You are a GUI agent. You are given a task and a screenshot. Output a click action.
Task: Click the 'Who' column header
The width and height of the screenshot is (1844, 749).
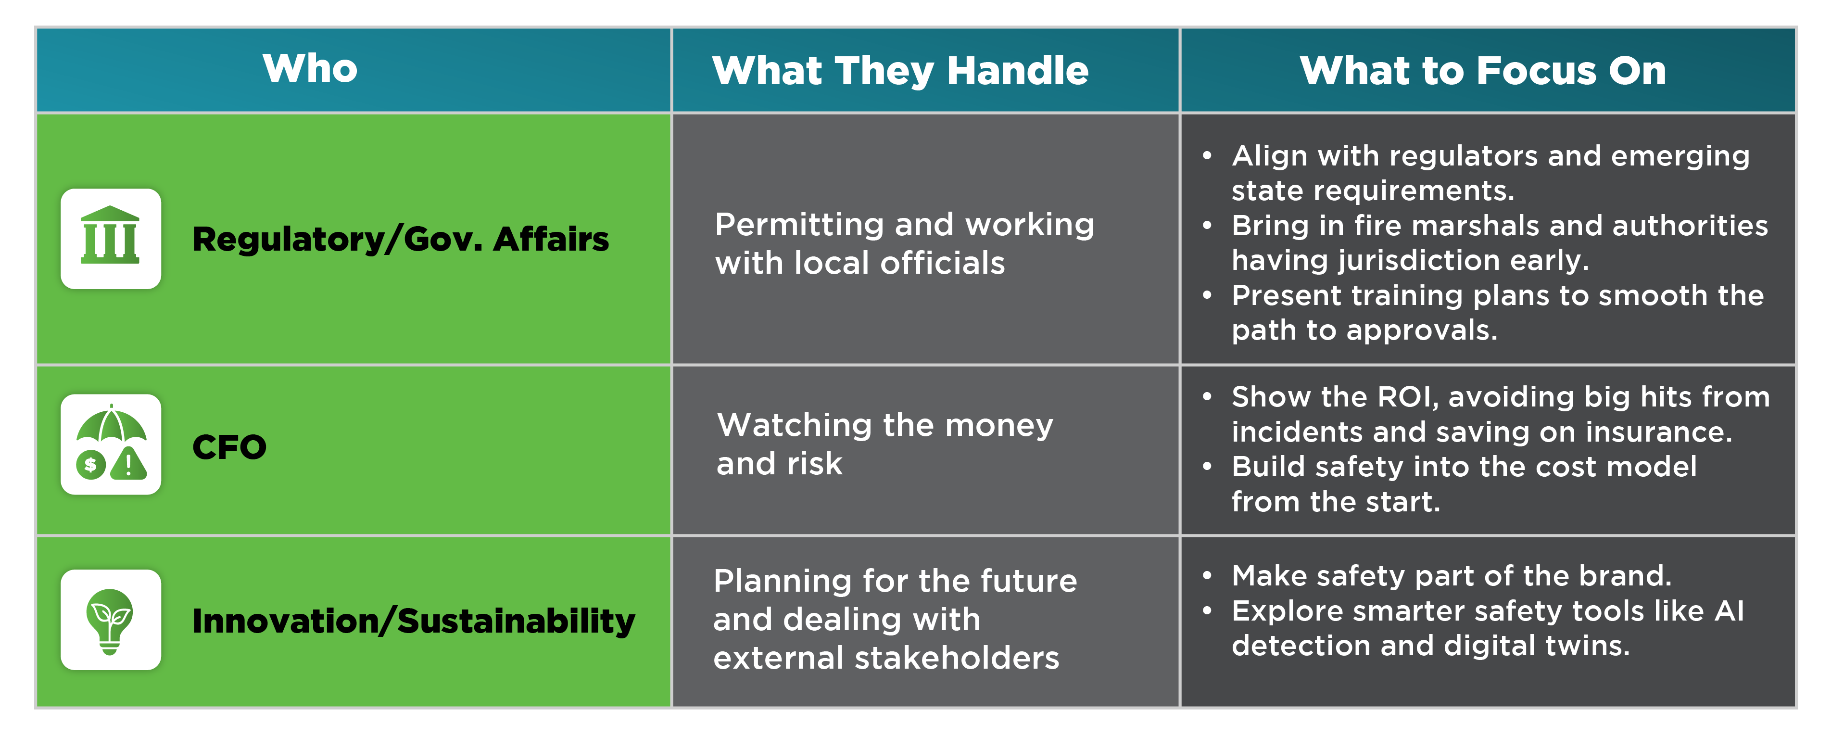(310, 69)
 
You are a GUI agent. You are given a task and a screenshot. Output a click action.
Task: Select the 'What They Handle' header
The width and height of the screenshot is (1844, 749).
(900, 71)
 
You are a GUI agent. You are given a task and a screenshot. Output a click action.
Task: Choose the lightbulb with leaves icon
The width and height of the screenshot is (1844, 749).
(110, 620)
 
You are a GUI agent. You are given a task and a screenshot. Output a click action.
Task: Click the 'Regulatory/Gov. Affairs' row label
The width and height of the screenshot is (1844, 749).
(400, 239)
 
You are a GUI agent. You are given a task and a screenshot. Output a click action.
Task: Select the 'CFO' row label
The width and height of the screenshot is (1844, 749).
(229, 447)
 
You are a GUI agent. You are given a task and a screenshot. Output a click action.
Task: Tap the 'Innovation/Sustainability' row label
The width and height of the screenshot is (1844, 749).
(414, 621)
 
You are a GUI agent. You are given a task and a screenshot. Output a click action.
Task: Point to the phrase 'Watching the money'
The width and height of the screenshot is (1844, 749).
(885, 425)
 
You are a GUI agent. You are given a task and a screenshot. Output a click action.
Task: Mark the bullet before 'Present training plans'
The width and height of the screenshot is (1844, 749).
(1207, 295)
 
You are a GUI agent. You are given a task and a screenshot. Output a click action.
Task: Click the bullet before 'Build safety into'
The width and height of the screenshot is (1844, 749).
(1207, 466)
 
